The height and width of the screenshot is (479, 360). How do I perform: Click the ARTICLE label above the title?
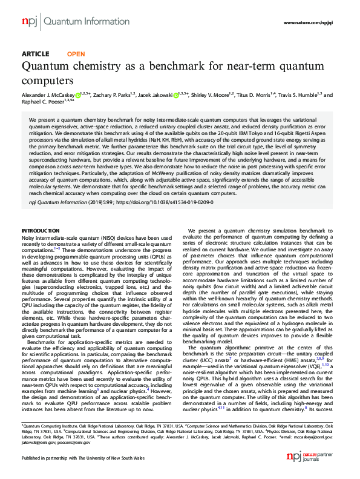click(35, 55)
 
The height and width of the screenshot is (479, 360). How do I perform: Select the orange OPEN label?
click(76, 55)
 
